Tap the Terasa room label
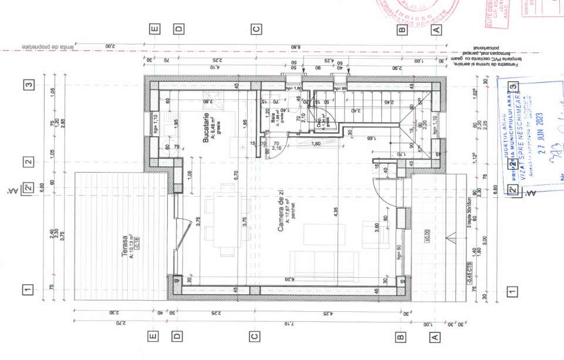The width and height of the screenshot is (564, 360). (124, 247)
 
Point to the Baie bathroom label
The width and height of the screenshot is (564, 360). (272, 110)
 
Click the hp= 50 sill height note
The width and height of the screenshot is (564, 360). (398, 253)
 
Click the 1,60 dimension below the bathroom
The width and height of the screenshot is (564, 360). (316, 144)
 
